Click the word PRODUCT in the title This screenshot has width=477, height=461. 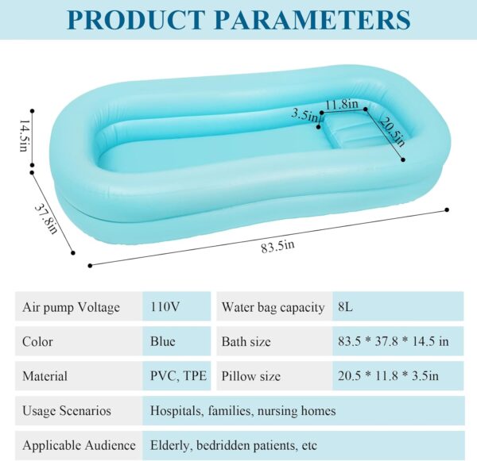(x=136, y=19)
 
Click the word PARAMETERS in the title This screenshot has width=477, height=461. (x=313, y=19)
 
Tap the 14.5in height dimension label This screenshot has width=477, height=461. (x=24, y=136)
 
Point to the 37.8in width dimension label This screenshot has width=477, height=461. (x=46, y=219)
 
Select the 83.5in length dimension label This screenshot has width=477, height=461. (x=277, y=247)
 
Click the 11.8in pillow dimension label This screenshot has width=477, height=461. (x=342, y=104)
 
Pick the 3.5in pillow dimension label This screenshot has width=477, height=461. (x=304, y=115)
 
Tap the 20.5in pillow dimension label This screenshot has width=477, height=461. (x=393, y=132)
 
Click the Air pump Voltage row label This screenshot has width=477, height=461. (x=72, y=307)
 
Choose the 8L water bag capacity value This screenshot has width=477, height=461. (x=346, y=307)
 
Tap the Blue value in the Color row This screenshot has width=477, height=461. (x=163, y=341)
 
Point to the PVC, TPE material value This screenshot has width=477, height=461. (x=179, y=376)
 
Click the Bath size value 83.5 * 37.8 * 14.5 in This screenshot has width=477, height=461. (x=394, y=341)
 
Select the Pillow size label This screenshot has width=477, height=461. (x=251, y=376)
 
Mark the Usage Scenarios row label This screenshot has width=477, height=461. (x=67, y=410)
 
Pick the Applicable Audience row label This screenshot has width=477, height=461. (x=79, y=445)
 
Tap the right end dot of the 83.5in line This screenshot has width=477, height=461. (x=447, y=209)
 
